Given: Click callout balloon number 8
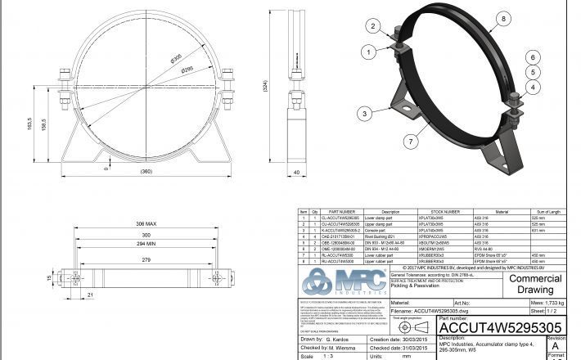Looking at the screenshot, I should click(502, 18).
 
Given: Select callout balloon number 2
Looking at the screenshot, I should click(372, 27).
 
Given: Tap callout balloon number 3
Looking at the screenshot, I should click(363, 114).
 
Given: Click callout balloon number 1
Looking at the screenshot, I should click(369, 52).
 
